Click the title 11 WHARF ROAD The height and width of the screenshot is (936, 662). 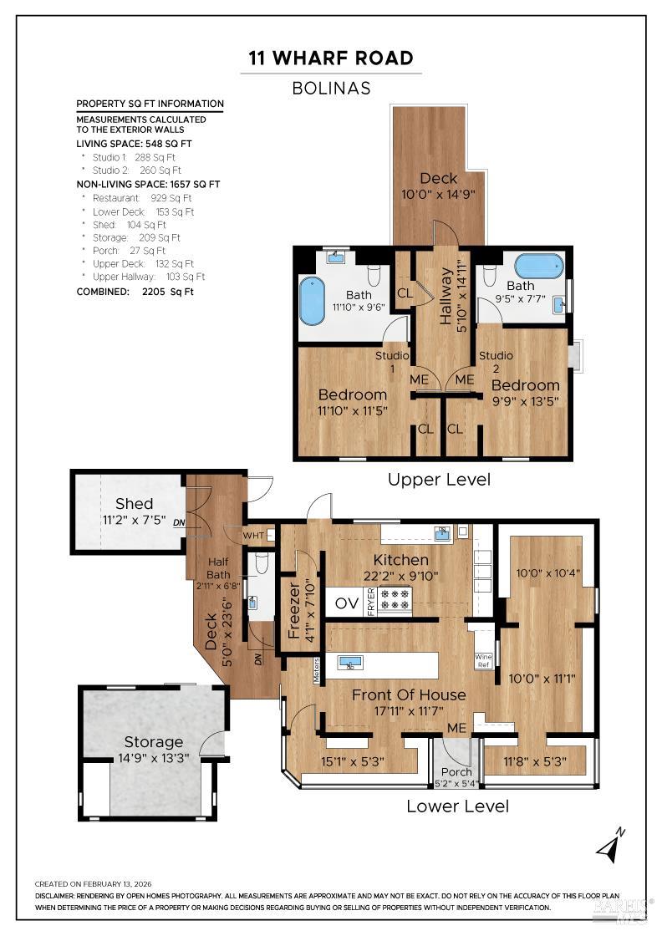point(331,58)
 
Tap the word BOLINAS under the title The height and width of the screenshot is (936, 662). point(331,87)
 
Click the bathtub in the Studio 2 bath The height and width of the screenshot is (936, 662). point(539,267)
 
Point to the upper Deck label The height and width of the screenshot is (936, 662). point(438,179)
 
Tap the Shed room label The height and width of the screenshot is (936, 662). point(135,504)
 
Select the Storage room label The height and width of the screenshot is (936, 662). point(154,742)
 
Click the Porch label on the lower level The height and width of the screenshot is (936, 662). point(456,771)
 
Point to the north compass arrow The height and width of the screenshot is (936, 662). point(610,847)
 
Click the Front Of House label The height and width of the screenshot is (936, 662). point(409,694)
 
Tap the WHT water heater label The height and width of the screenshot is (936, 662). point(255,535)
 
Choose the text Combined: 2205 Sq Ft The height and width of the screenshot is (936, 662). point(135,292)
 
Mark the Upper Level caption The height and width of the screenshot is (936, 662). point(439,480)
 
